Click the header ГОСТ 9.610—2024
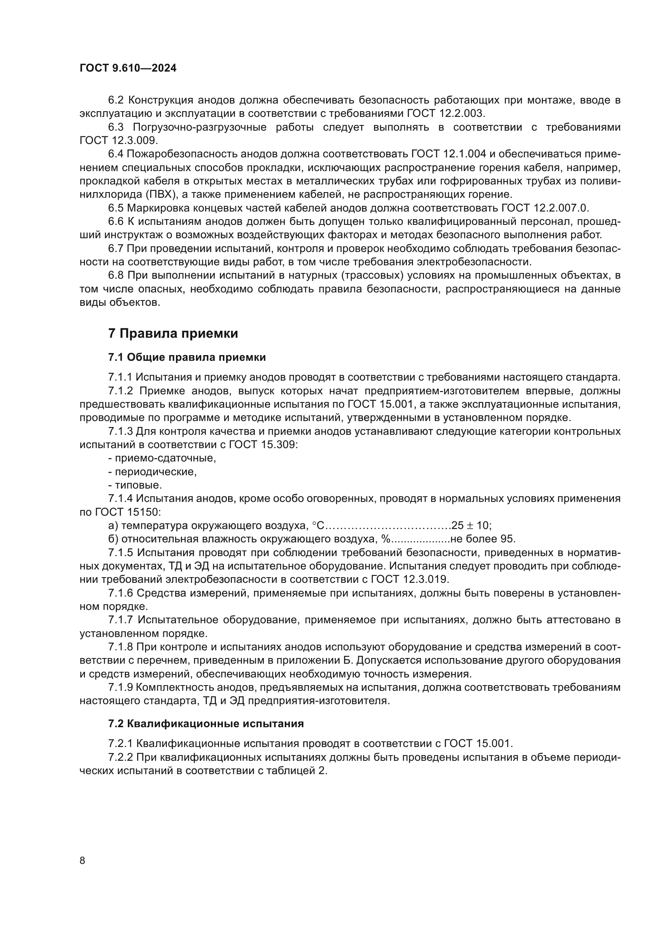click(128, 68)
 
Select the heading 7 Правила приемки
click(173, 333)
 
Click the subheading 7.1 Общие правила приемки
click(187, 357)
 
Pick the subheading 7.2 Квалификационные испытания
click(206, 724)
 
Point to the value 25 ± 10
click(471, 525)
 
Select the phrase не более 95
click(483, 539)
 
